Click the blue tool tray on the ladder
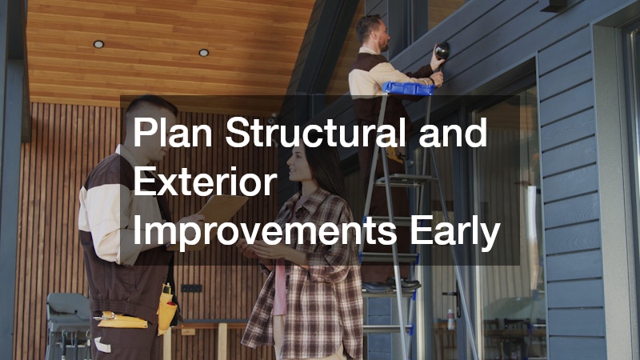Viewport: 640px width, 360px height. [x=409, y=88]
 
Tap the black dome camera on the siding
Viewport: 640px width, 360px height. [x=441, y=53]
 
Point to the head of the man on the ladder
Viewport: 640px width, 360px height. [x=372, y=32]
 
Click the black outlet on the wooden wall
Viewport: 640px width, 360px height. [x=191, y=288]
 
